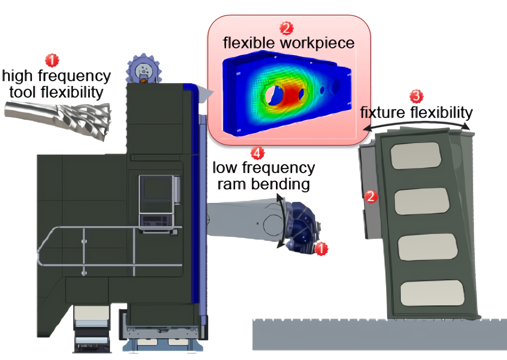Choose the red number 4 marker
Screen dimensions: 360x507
(x=257, y=152)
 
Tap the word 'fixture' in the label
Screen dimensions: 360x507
(x=383, y=113)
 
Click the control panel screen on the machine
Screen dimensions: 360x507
(x=156, y=193)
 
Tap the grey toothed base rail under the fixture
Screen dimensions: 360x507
(x=379, y=334)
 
